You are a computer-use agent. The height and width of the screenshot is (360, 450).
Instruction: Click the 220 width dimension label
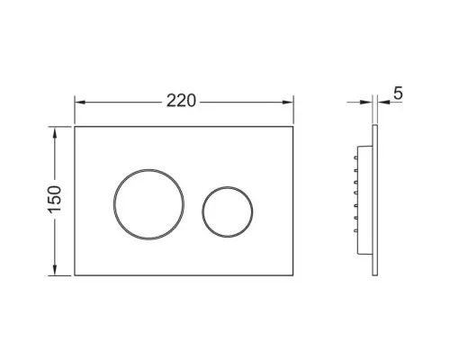click(x=181, y=101)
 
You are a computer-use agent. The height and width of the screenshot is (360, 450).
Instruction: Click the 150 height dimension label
click(x=55, y=200)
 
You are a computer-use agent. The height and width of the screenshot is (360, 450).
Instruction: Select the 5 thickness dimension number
click(x=398, y=93)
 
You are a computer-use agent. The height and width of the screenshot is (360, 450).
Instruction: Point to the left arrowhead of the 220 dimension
click(x=79, y=103)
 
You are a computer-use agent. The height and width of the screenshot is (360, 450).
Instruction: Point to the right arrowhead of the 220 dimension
click(x=288, y=103)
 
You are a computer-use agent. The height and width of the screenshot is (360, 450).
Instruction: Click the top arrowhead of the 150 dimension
click(x=55, y=132)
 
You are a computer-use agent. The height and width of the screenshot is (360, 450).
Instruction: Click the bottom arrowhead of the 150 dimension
click(x=55, y=270)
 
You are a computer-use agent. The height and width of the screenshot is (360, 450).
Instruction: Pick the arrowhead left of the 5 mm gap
click(x=367, y=103)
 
